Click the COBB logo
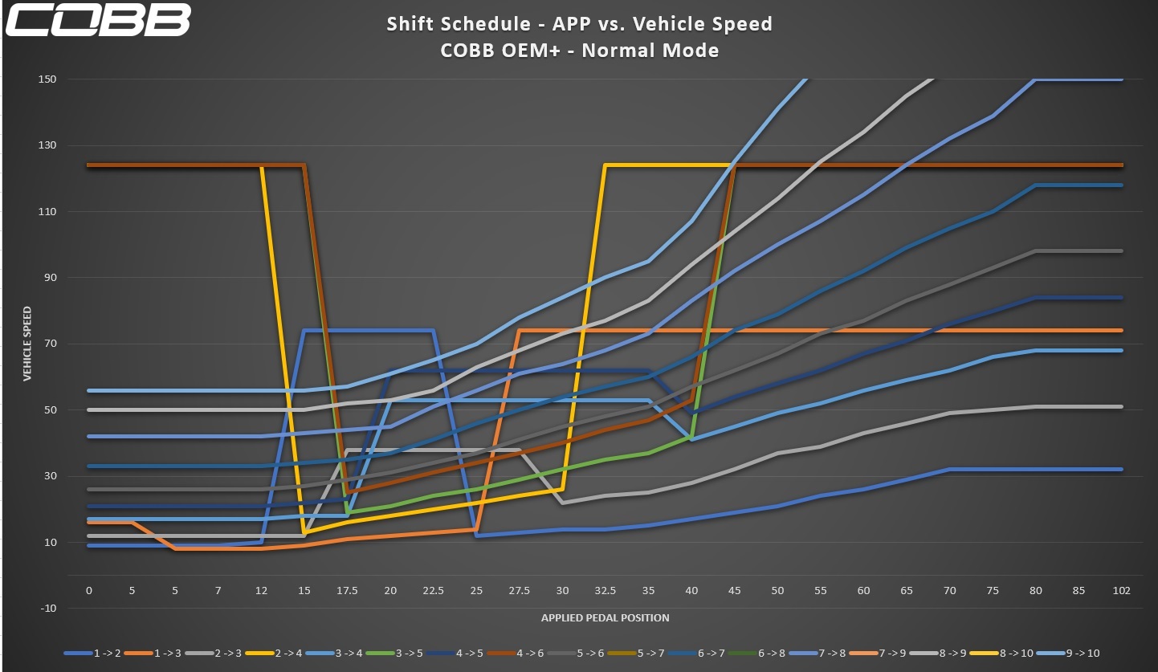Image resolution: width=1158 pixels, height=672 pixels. click(99, 21)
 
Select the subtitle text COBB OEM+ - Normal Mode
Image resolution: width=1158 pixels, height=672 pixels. click(579, 50)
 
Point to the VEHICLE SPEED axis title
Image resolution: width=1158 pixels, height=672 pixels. click(27, 344)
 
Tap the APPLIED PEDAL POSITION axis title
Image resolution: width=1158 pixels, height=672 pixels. click(605, 617)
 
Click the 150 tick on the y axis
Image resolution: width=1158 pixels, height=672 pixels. click(47, 79)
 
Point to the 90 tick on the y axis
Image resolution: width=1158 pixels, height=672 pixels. click(49, 278)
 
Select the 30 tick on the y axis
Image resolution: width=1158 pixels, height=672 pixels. click(49, 476)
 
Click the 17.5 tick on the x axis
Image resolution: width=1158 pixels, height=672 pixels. click(347, 590)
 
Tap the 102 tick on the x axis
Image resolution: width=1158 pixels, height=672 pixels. click(1121, 590)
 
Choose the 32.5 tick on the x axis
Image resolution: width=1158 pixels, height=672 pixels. click(606, 590)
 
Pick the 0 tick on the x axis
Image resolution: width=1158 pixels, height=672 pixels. click(89, 590)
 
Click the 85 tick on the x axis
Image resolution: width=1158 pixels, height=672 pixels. click(1078, 590)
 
